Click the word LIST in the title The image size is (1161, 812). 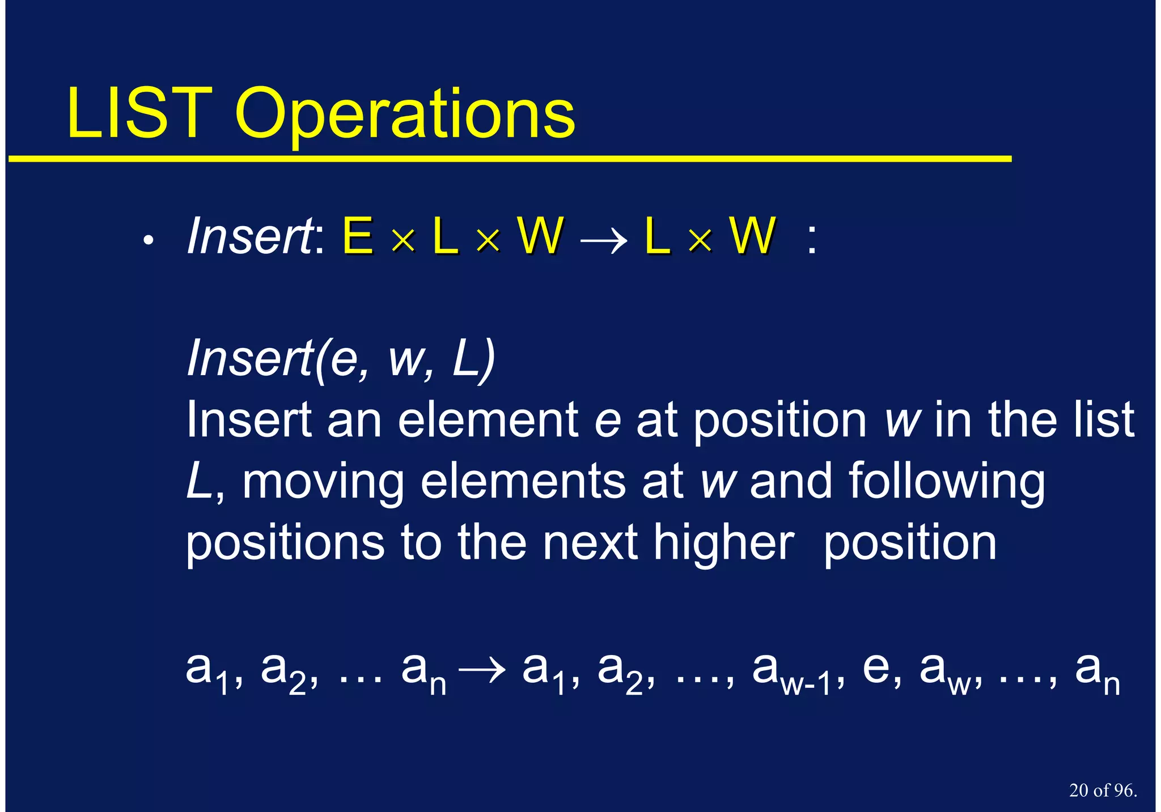tap(139, 113)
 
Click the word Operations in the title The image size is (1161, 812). tap(405, 116)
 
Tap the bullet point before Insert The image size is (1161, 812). tap(149, 241)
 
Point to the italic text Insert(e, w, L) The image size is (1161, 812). tap(341, 358)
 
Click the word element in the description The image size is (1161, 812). tap(488, 420)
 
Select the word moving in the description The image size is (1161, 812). tap(323, 482)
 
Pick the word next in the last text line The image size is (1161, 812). tap(590, 543)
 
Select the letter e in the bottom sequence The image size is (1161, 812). tap(875, 668)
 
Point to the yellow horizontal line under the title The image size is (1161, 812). tap(510, 159)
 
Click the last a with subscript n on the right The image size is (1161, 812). tap(1097, 672)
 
